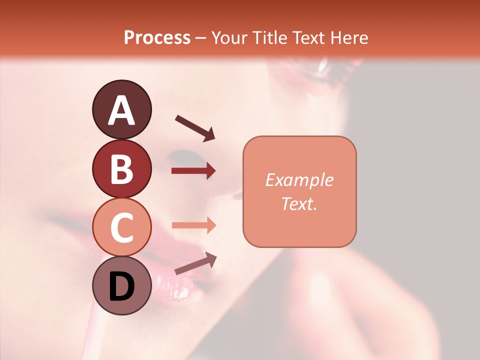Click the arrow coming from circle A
point(195,127)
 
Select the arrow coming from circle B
point(193,171)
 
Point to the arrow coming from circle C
point(193,225)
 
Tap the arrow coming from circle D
point(195,263)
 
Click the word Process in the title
point(157,37)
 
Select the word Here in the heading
point(348,37)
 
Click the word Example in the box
point(299,180)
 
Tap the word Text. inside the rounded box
point(299,203)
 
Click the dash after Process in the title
point(201,38)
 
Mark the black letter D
point(121,287)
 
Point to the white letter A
point(121,110)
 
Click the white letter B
point(121,169)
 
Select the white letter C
point(121,228)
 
